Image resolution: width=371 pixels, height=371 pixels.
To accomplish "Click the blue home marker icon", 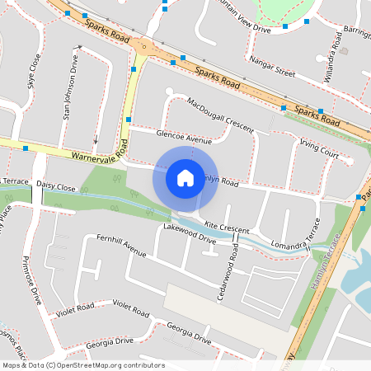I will click(185, 178).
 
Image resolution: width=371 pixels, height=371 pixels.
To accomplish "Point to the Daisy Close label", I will click(57, 188).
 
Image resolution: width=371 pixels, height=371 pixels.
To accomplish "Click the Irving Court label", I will click(319, 149).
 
